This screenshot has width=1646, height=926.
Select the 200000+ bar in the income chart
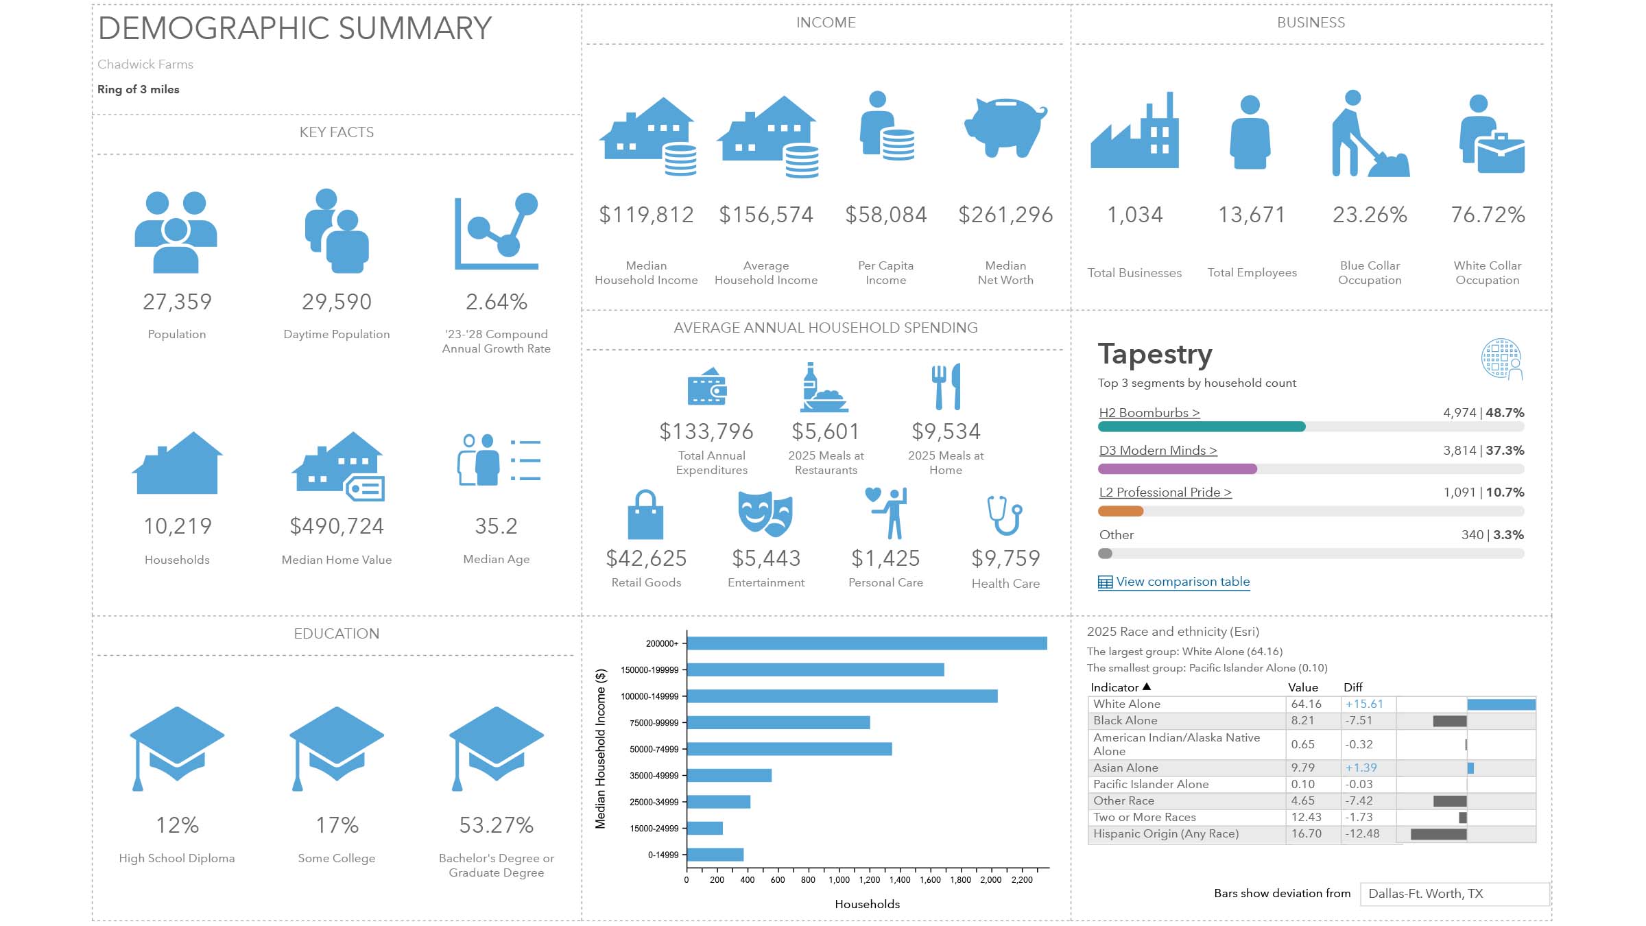pyautogui.click(x=867, y=643)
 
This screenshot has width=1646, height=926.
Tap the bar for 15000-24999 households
pyautogui.click(x=705, y=829)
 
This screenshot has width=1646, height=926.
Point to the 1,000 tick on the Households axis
pyautogui.click(x=839, y=879)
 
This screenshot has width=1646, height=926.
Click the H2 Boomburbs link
pyautogui.click(x=1149, y=413)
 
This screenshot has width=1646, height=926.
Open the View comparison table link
pyautogui.click(x=1182, y=582)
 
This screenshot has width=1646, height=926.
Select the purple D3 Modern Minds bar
pyautogui.click(x=1177, y=469)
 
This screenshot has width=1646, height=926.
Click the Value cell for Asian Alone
pyautogui.click(x=1306, y=768)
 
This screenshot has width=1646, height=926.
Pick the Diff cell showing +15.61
pyautogui.click(x=1364, y=704)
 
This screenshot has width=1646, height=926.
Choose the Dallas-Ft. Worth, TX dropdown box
pyautogui.click(x=1454, y=894)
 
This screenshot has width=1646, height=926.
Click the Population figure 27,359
pyautogui.click(x=177, y=302)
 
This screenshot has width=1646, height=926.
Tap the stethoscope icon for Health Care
pyautogui.click(x=1005, y=515)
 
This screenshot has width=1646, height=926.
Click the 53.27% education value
pyautogui.click(x=496, y=825)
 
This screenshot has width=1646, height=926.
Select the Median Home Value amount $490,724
pyautogui.click(x=337, y=526)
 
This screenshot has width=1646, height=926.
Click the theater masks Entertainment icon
pyautogui.click(x=765, y=514)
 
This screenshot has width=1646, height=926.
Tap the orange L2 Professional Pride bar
pyautogui.click(x=1121, y=511)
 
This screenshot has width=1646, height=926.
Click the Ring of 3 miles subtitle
pyautogui.click(x=139, y=90)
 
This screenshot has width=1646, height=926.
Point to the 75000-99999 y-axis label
pyautogui.click(x=654, y=723)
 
